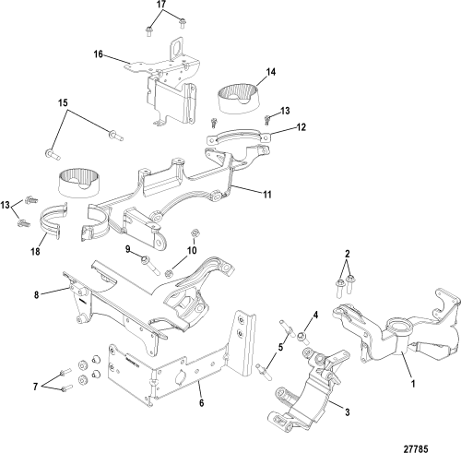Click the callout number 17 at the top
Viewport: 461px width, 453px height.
[161, 5]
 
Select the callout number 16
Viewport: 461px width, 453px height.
[98, 54]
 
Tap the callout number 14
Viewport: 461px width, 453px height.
[271, 72]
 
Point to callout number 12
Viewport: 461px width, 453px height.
[301, 127]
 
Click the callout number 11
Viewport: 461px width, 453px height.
[267, 195]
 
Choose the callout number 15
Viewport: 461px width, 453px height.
[63, 102]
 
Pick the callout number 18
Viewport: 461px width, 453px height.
[36, 252]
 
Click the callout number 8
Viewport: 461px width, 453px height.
[37, 295]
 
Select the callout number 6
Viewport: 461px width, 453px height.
[202, 403]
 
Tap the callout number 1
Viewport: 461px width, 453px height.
[414, 384]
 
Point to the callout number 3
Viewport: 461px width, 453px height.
[348, 412]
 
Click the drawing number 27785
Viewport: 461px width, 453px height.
[416, 449]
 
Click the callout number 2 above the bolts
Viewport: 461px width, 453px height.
[348, 254]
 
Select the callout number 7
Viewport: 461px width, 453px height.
[36, 387]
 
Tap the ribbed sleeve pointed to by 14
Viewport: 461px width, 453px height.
[239, 99]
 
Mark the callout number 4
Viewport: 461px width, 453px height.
[316, 315]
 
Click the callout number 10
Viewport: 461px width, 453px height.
[192, 250]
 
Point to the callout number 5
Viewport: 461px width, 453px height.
[280, 348]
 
